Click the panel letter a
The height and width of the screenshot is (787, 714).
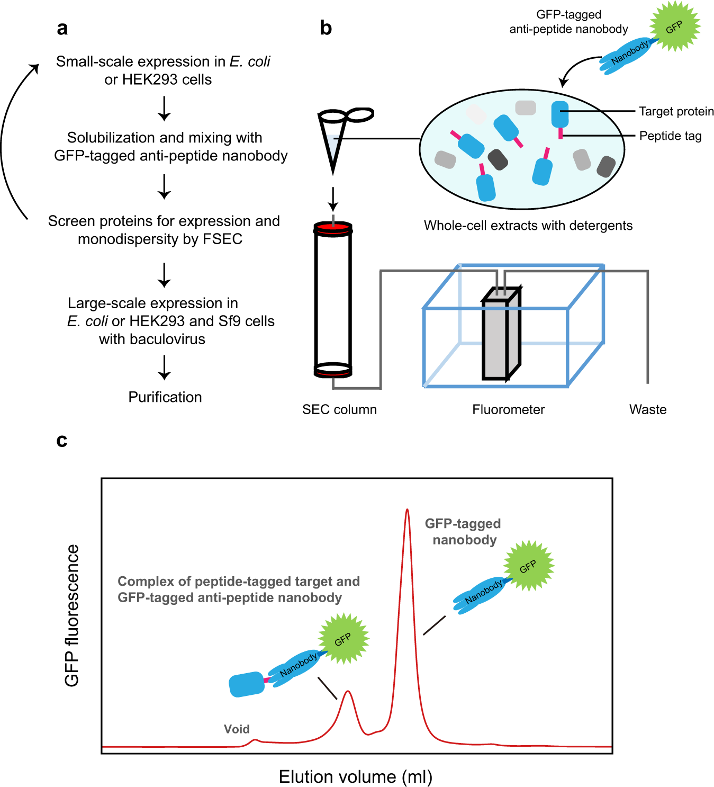62,29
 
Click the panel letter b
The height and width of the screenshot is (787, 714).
326,29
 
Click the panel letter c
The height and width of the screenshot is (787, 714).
62,441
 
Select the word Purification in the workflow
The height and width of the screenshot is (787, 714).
165,397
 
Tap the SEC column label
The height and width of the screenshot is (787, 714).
339,409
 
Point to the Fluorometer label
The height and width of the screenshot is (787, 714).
508,409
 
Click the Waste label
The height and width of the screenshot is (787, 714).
647,409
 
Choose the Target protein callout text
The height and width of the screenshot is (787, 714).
676,111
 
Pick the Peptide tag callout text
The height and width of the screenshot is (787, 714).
670,136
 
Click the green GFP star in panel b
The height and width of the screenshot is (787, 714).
674,26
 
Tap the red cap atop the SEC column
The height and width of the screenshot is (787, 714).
333,228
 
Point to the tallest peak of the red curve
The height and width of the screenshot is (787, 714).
407,511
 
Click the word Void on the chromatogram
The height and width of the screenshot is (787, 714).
237,729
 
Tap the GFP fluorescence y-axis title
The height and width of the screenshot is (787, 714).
72,615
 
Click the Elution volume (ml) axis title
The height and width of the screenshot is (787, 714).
356,776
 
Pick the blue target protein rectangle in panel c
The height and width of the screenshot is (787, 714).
247,684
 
